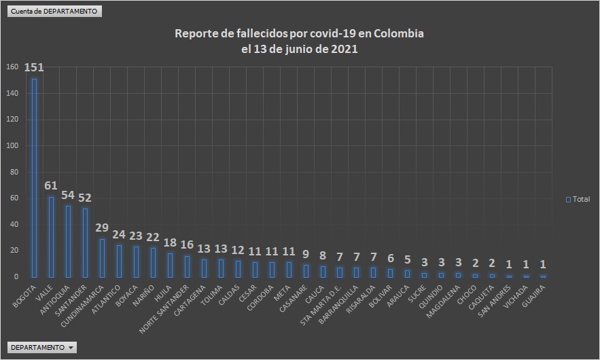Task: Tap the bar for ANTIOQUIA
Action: click(68, 241)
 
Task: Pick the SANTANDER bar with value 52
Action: click(85, 242)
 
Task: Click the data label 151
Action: click(34, 68)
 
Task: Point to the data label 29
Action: click(102, 228)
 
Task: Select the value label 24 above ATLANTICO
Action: click(119, 234)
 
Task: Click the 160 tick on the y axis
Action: click(12, 67)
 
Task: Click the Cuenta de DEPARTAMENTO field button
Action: click(54, 12)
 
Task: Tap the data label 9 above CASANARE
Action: click(305, 254)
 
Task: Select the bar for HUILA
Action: click(170, 265)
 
